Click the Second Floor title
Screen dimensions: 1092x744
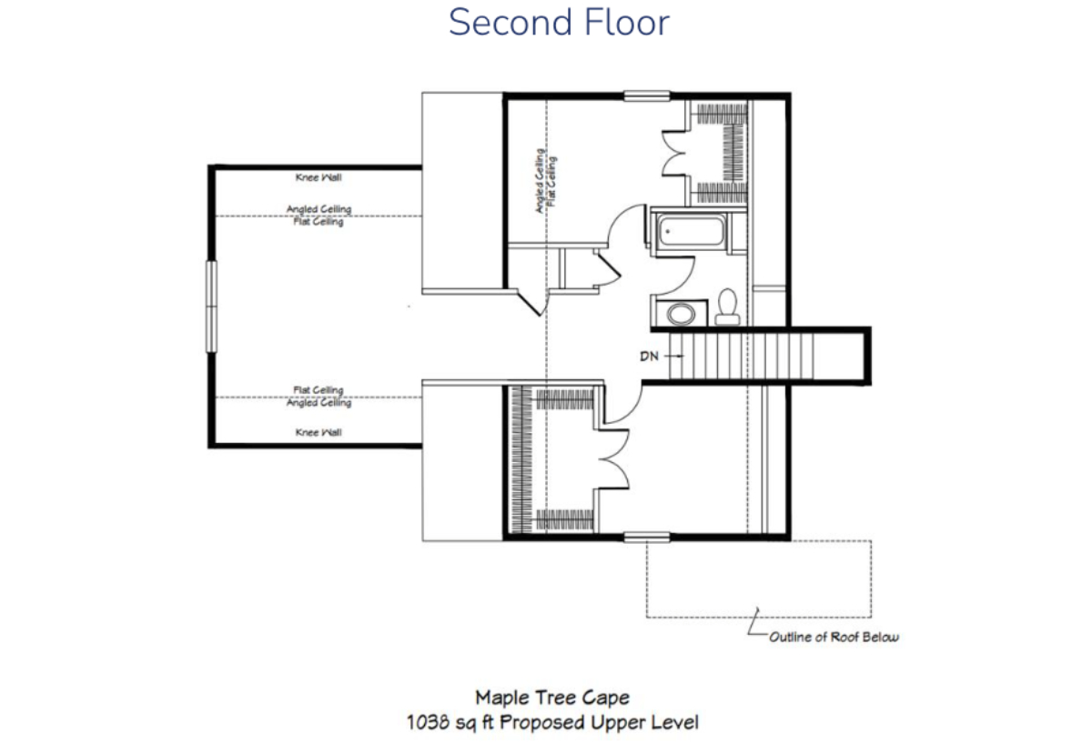[x=559, y=23]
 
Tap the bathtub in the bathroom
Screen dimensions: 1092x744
[x=691, y=231]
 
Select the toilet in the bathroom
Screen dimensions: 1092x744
[x=727, y=307]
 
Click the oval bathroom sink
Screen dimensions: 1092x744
[x=681, y=314]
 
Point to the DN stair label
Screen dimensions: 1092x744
[x=649, y=357]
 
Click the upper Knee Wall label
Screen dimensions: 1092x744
[x=318, y=177]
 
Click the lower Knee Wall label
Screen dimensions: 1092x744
[x=318, y=432]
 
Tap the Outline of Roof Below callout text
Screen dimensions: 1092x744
[x=834, y=637]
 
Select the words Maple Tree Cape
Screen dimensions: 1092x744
[x=552, y=698]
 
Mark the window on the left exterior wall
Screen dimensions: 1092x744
[x=211, y=307]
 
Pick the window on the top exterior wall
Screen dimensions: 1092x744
[x=647, y=96]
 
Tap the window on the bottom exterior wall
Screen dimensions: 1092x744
[x=647, y=537]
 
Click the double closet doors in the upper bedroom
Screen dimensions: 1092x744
[x=674, y=153]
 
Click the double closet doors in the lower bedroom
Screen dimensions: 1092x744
[x=613, y=459]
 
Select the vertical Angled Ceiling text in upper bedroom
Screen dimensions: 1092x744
[x=539, y=181]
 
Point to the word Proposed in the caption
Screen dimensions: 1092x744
[x=542, y=722]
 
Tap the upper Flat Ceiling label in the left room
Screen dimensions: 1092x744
[x=318, y=222]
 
